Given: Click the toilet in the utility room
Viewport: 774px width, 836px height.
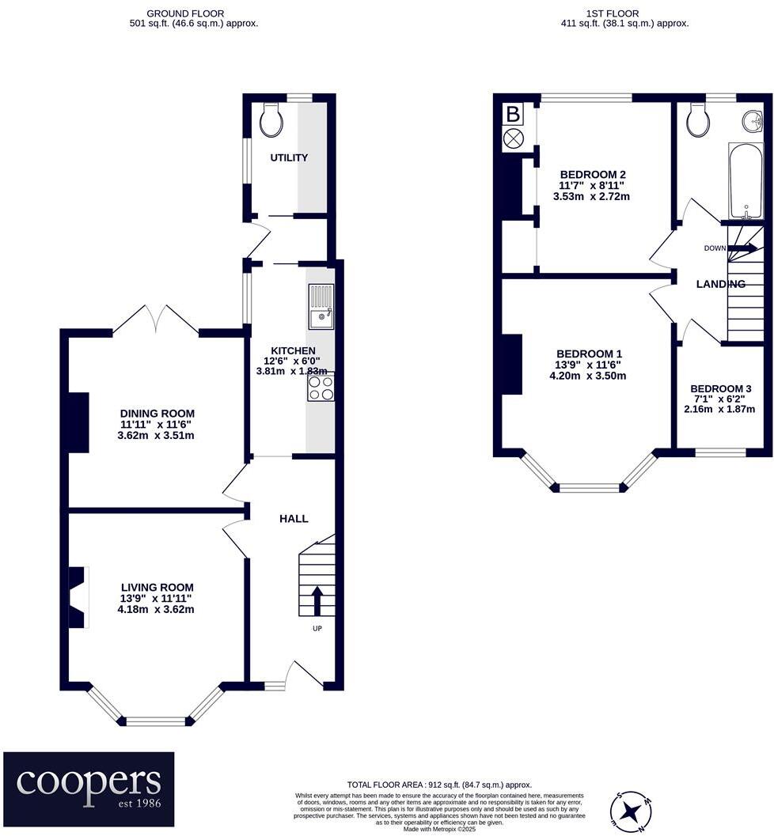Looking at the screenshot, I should click(x=271, y=119).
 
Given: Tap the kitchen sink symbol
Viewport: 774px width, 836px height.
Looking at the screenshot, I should click(x=321, y=308).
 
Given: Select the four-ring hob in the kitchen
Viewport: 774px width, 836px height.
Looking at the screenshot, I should click(x=321, y=388).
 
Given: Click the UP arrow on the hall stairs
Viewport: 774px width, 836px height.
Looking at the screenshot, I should click(x=317, y=600).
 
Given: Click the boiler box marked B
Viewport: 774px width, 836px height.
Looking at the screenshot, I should click(x=513, y=115).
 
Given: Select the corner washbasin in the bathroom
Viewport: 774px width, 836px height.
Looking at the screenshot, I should click(x=753, y=121).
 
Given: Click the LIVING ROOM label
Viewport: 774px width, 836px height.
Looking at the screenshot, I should click(x=156, y=587).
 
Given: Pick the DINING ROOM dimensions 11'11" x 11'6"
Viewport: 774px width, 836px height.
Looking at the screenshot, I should click(x=157, y=425).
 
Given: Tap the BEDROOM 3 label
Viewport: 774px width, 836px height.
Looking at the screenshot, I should click(x=720, y=388).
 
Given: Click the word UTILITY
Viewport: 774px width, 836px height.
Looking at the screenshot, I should click(x=289, y=158).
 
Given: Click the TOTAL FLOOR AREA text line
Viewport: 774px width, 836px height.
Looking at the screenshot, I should click(x=439, y=784).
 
